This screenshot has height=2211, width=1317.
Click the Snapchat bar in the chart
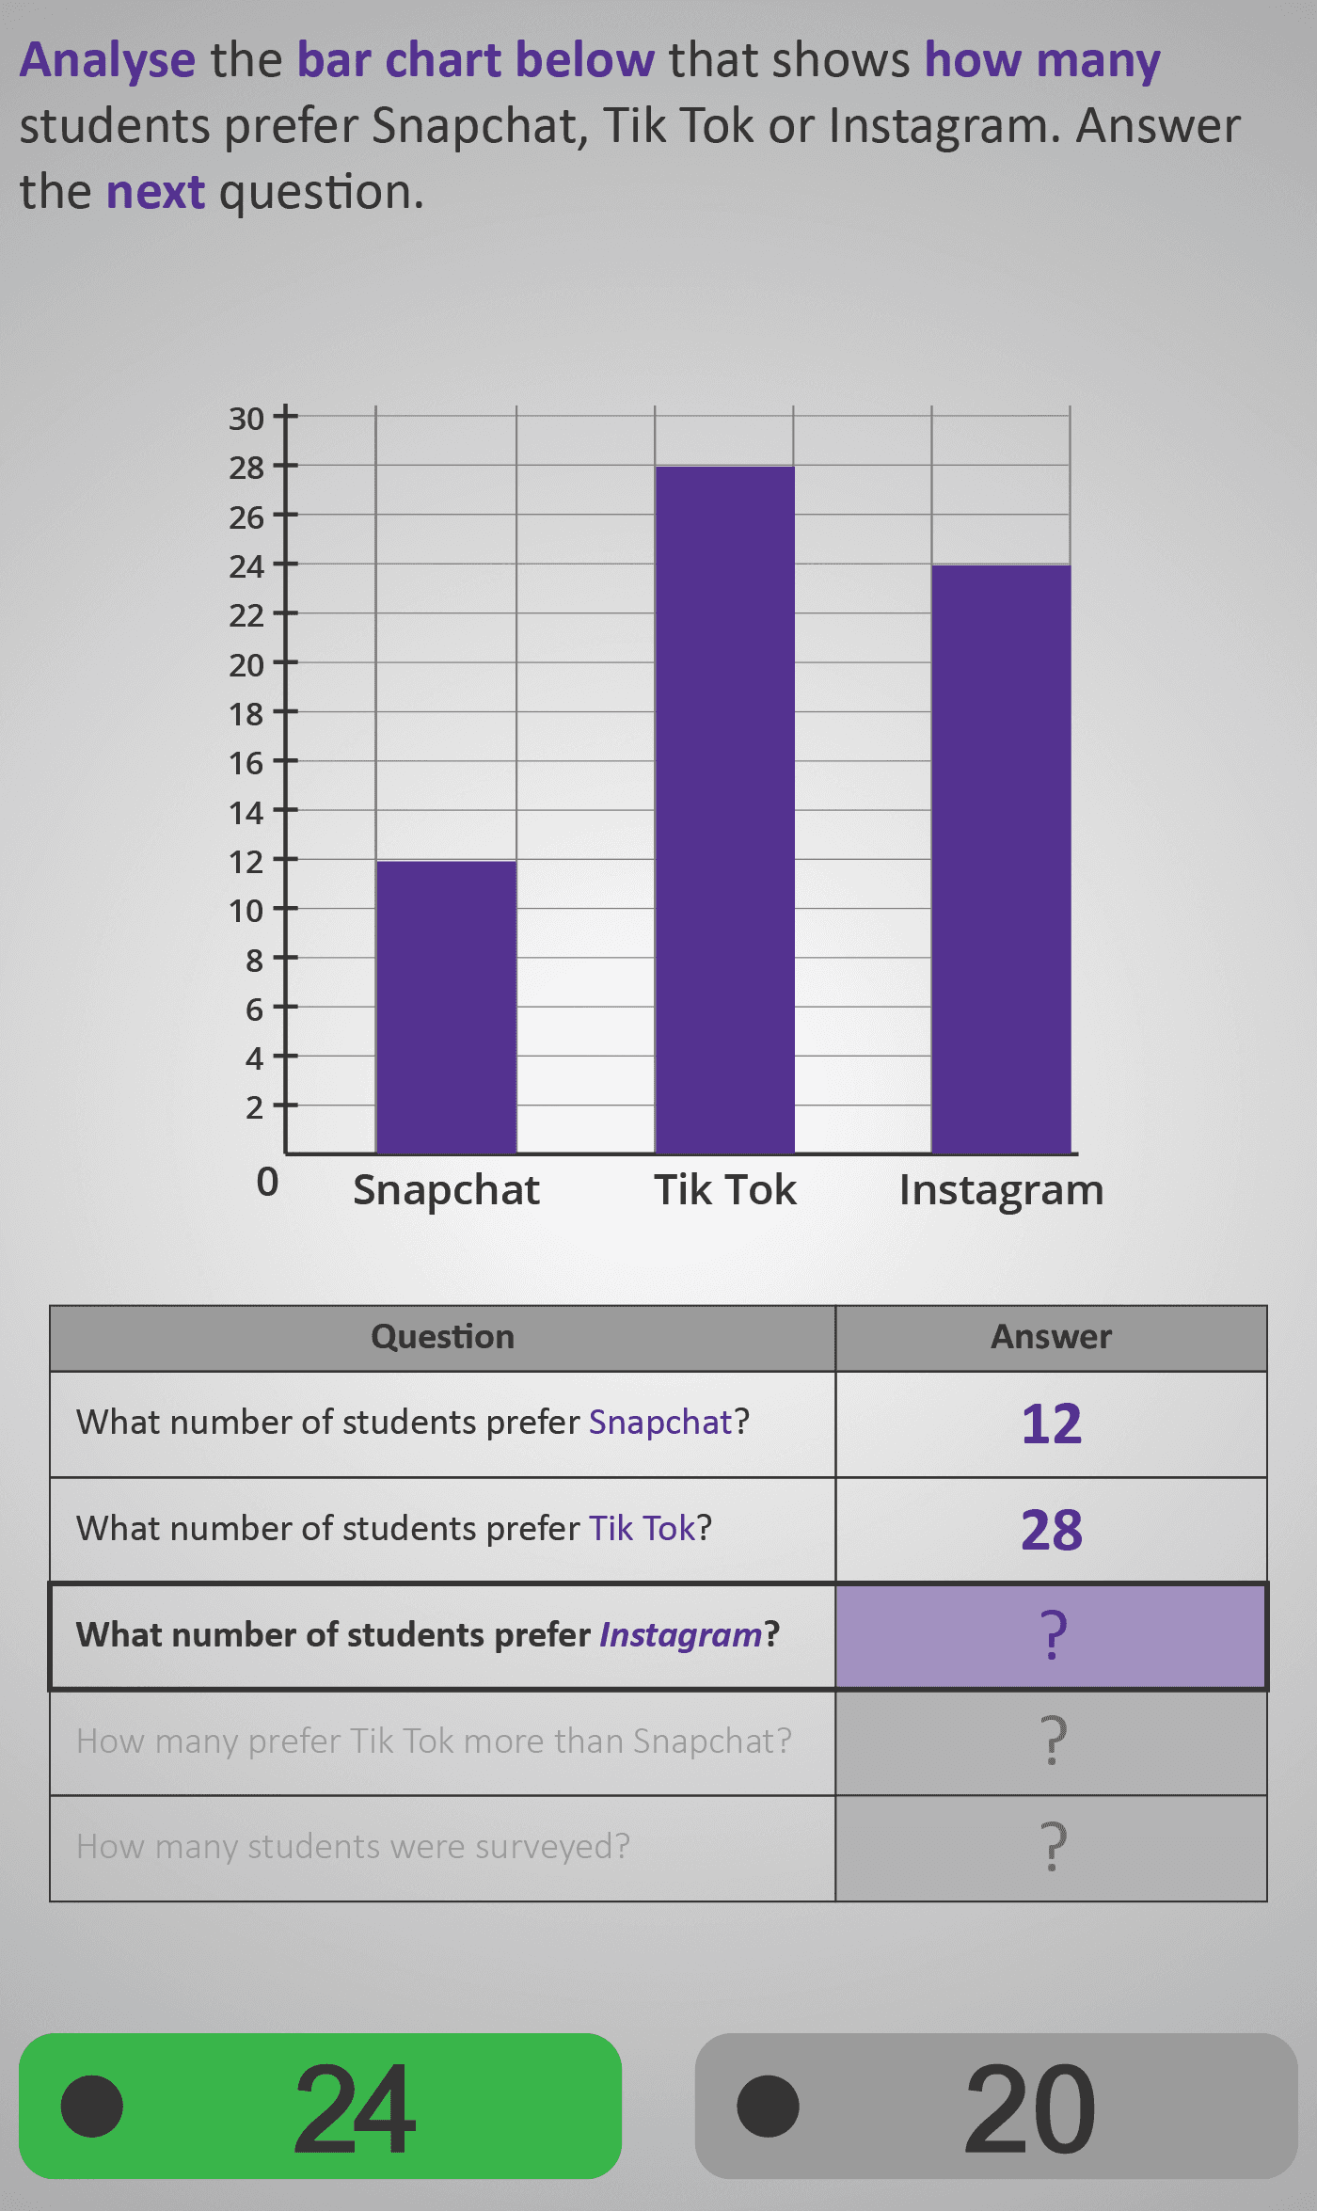[446, 1007]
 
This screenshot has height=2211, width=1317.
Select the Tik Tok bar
[724, 809]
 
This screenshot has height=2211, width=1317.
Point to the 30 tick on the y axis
[247, 419]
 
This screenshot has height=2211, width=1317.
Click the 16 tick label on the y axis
[247, 763]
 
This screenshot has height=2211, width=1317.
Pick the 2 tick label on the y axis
[255, 1107]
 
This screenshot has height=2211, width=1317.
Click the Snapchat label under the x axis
[446, 1190]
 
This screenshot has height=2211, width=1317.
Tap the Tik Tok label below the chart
[724, 1190]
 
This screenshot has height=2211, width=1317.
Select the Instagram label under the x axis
[1001, 1190]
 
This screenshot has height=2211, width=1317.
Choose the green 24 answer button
[320, 2106]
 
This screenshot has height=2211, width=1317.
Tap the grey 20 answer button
[996, 2106]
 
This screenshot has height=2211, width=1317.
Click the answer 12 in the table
[1052, 1424]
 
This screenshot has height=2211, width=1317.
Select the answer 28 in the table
[1052, 1530]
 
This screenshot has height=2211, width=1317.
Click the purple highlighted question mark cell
[1052, 1635]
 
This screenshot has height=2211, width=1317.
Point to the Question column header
[442, 1337]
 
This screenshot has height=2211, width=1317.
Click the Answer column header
[1051, 1337]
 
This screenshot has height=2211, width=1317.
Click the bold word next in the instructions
[155, 192]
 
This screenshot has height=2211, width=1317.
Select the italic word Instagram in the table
[680, 1635]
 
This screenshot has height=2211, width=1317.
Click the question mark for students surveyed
[1052, 1847]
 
